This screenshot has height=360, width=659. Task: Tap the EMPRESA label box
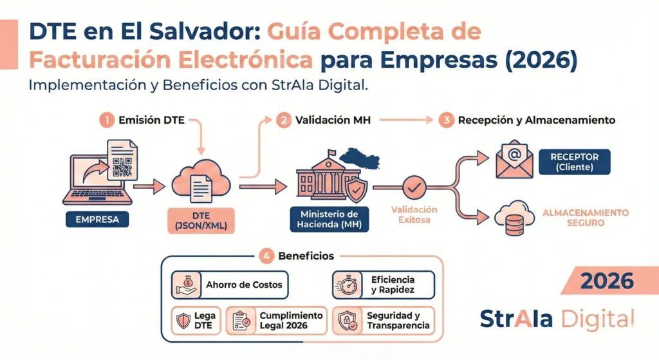(x=97, y=220)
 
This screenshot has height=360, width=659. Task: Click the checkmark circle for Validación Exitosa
(x=414, y=187)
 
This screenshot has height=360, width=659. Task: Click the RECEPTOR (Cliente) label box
(x=575, y=162)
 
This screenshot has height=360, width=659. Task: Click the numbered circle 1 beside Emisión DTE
(x=107, y=120)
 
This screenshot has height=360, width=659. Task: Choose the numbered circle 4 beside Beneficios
(x=266, y=256)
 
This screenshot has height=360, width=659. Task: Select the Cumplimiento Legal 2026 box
(x=279, y=320)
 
